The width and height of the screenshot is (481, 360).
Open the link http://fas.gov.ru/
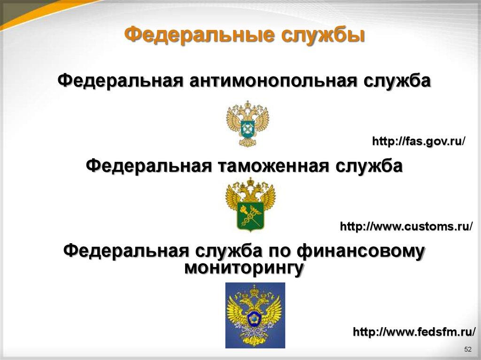click(419, 141)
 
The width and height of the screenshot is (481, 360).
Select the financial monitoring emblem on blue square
click(255, 315)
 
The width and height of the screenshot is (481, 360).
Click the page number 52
click(467, 350)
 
